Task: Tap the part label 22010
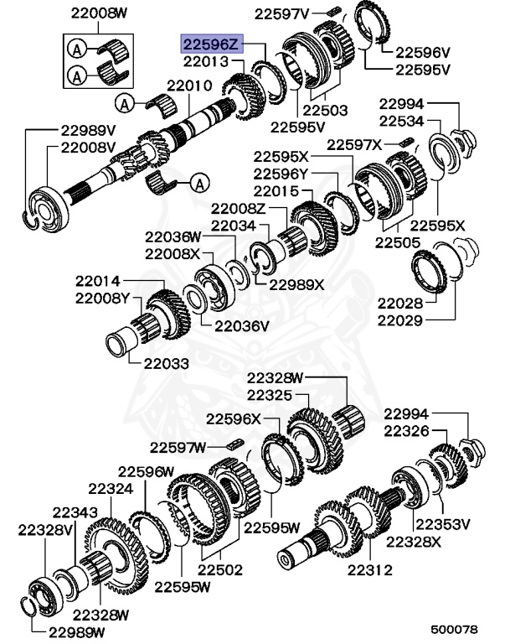click(189, 86)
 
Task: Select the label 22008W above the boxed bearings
click(100, 13)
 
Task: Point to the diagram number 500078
click(454, 629)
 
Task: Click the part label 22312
click(369, 569)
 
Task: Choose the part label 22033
click(167, 363)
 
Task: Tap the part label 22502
click(220, 569)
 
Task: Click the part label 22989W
click(77, 631)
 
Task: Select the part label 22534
click(401, 121)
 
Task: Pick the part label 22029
click(400, 320)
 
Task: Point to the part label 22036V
click(242, 326)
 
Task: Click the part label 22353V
click(443, 524)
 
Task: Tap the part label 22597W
click(178, 447)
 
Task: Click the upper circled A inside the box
click(77, 49)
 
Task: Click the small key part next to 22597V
click(335, 11)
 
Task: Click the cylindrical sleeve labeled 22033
click(120, 340)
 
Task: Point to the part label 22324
click(111, 489)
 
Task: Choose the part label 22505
click(398, 242)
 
